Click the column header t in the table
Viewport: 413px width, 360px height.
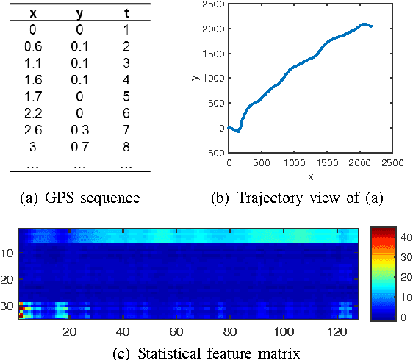[126, 13]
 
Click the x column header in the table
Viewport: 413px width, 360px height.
[32, 13]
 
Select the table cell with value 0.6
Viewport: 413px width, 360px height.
[32, 46]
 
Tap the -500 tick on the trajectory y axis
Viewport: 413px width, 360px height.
[212, 153]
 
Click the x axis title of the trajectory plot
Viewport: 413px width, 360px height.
[309, 176]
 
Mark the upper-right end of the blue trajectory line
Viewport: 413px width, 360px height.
[372, 26]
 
